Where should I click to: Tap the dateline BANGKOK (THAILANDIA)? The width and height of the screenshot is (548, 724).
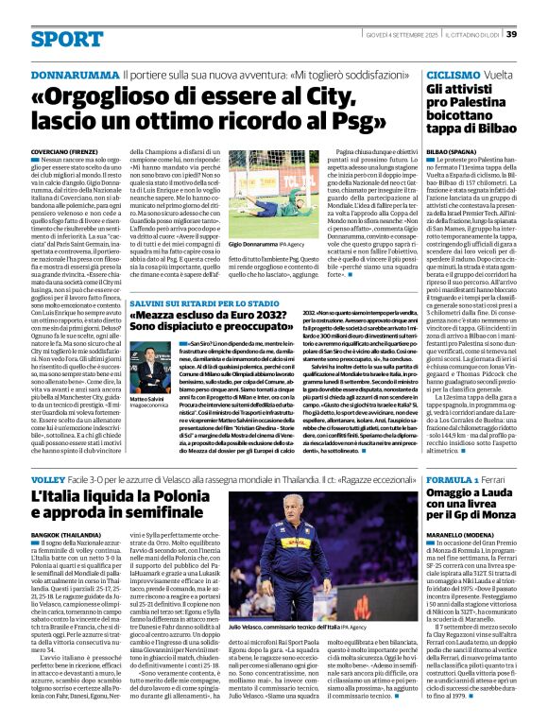(x=68, y=535)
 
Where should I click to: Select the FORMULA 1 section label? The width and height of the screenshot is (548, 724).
(x=456, y=479)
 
